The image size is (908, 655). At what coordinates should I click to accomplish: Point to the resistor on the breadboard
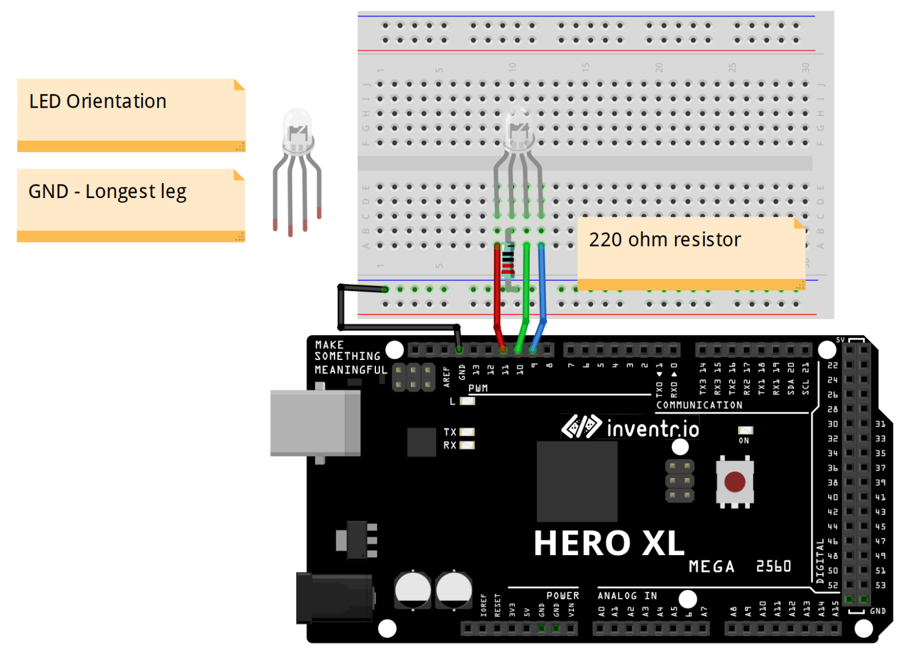pyautogui.click(x=508, y=264)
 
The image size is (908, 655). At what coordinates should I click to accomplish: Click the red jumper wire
pyautogui.click(x=497, y=296)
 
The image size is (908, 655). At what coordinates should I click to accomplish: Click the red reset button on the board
pyautogui.click(x=734, y=482)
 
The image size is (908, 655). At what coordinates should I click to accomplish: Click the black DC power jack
pyautogui.click(x=334, y=598)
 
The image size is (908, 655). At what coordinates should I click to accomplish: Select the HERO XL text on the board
pyautogui.click(x=608, y=543)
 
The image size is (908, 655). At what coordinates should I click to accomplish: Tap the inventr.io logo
pyautogui.click(x=630, y=427)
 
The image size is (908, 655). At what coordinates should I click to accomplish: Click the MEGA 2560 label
pyautogui.click(x=740, y=566)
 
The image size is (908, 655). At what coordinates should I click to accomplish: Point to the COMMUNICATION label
pyautogui.click(x=699, y=405)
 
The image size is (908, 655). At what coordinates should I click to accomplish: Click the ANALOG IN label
pyautogui.click(x=627, y=596)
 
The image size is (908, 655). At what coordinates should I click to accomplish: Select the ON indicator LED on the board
pyautogui.click(x=745, y=430)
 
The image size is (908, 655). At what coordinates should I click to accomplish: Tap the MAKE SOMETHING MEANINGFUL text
pyautogui.click(x=350, y=357)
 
